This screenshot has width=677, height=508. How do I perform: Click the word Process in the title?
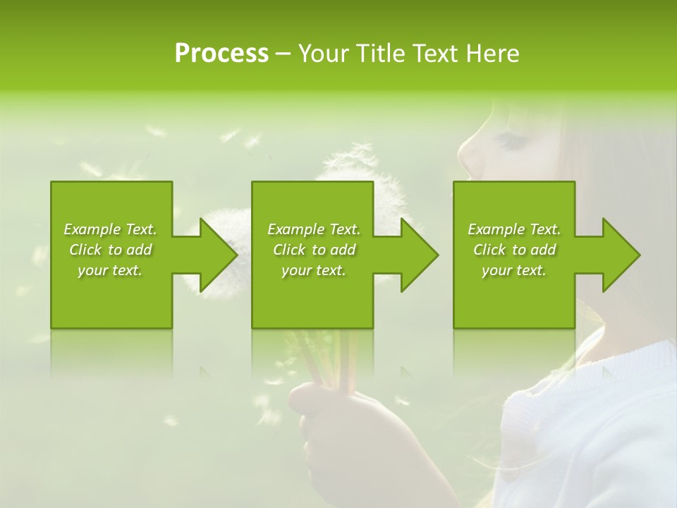point(221,54)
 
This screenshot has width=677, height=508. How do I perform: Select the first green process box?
point(111,296)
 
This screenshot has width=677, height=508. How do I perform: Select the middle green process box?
point(312,296)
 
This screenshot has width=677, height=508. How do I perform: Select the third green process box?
point(513,296)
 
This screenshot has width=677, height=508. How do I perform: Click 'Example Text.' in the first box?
point(110,229)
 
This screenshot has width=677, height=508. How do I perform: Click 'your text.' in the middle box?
point(313,270)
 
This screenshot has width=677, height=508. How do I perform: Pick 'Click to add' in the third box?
point(514,250)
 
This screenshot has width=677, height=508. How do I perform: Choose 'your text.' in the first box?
point(110,270)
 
